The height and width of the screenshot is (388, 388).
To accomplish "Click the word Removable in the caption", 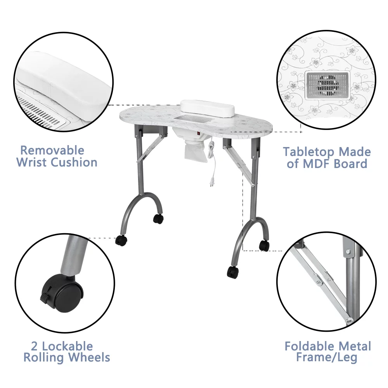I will coord(52,150).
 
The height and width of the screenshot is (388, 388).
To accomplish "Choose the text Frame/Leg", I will coord(326,358).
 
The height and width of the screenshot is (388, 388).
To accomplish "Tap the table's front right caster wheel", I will coord(233,272).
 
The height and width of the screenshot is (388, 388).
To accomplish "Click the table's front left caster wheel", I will coord(121,240).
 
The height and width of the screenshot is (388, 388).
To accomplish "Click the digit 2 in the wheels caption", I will coord(35,346).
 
